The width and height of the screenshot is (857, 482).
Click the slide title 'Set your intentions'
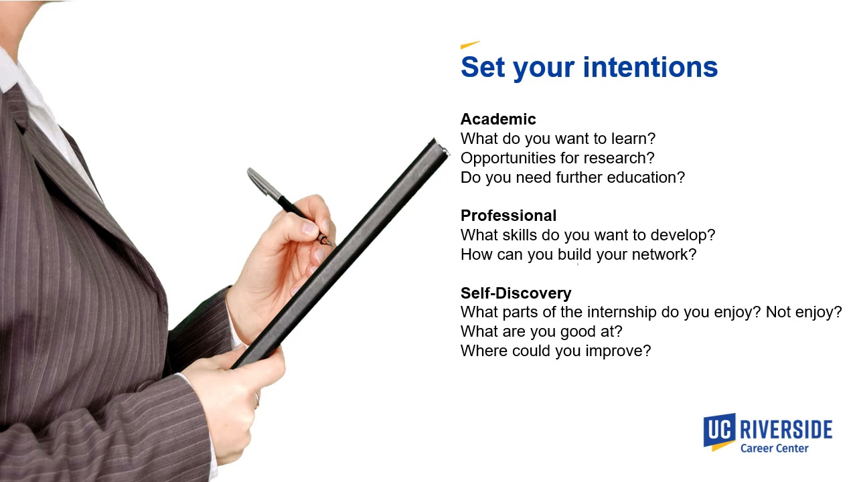[x=589, y=68]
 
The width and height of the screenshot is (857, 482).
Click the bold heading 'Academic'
[x=498, y=119]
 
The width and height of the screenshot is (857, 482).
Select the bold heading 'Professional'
[x=508, y=216]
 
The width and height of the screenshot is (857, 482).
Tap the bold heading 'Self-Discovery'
[x=516, y=293]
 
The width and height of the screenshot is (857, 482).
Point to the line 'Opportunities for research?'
[x=557, y=158]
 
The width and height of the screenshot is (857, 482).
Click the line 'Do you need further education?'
[x=572, y=177]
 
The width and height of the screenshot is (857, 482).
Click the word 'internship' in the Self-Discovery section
[x=622, y=312]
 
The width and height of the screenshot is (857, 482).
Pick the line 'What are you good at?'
[x=541, y=331]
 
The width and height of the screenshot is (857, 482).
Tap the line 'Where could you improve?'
[x=555, y=351]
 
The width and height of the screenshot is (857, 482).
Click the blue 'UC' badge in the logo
[x=718, y=429]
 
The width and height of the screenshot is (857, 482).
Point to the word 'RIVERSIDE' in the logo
[x=786, y=429]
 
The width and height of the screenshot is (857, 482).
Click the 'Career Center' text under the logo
[x=774, y=449]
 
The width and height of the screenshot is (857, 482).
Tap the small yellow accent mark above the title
[x=470, y=45]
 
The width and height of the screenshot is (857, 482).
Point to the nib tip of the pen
[x=329, y=244]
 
